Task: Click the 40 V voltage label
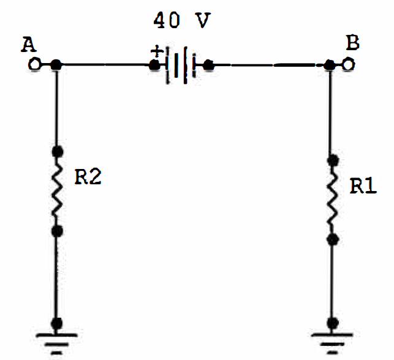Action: [182, 20]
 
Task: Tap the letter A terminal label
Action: [28, 45]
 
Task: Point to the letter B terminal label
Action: [353, 43]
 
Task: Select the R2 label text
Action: [88, 177]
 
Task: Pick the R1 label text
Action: [363, 186]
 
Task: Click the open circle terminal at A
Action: [34, 64]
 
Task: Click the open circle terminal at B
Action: [349, 64]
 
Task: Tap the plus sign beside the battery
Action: [157, 52]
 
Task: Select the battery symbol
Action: [180, 66]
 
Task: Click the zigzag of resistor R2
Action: [57, 191]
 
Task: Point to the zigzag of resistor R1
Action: [333, 200]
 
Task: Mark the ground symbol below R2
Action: [56, 343]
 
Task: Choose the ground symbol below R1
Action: [332, 343]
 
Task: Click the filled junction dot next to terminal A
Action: [56, 65]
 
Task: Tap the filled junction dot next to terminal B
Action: [329, 65]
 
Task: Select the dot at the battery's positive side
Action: [154, 66]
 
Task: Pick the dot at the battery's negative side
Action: [208, 66]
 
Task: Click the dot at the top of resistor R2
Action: [58, 151]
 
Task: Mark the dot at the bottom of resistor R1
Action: [333, 240]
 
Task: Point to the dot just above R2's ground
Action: [57, 323]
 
